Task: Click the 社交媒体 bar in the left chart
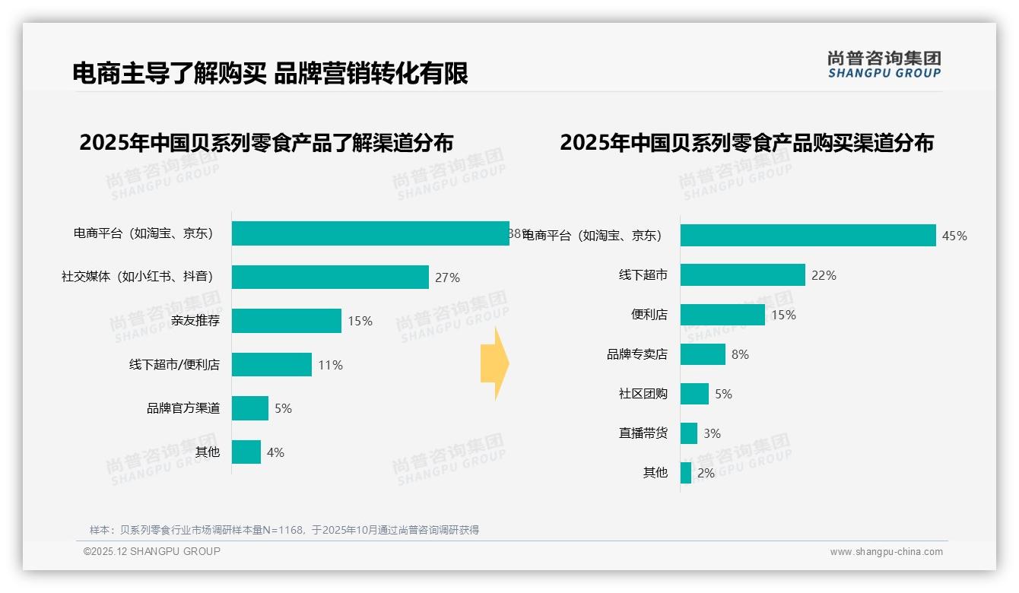[330, 277]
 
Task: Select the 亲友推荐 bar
[286, 321]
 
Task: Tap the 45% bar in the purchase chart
[808, 236]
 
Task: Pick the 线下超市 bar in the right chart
[742, 275]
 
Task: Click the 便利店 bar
[722, 315]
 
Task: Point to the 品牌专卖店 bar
[703, 354]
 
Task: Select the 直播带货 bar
[689, 433]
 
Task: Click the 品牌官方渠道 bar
[249, 408]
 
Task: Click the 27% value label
[447, 278]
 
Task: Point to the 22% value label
[824, 276]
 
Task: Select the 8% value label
[740, 355]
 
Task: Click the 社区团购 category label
[643, 394]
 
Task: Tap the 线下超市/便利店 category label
[174, 365]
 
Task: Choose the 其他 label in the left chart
[208, 452]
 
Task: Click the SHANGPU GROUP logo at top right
[884, 65]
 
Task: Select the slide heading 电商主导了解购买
[270, 74]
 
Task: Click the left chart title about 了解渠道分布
[266, 143]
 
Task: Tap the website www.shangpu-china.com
[886, 552]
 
